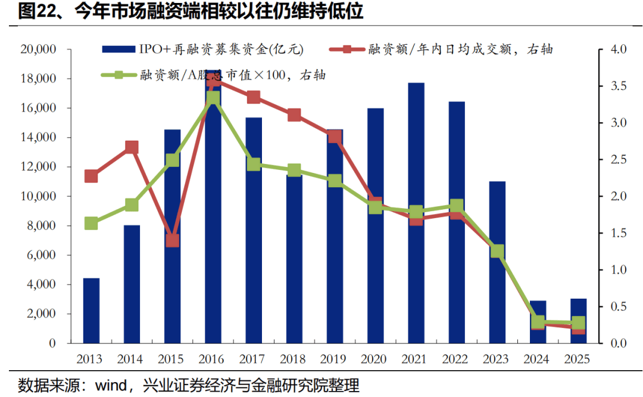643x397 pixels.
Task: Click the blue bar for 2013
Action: [91, 311]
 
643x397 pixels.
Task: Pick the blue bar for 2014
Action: [132, 284]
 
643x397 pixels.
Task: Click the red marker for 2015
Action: [173, 241]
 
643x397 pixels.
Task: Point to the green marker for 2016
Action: [213, 98]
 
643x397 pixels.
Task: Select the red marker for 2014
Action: [132, 147]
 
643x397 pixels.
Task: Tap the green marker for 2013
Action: [91, 224]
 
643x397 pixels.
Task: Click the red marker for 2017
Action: [254, 97]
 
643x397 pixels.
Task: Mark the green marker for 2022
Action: [457, 206]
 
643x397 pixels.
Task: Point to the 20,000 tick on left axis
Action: [38, 49]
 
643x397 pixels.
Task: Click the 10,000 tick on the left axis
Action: [38, 197]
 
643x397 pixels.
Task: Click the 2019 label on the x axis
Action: [335, 359]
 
